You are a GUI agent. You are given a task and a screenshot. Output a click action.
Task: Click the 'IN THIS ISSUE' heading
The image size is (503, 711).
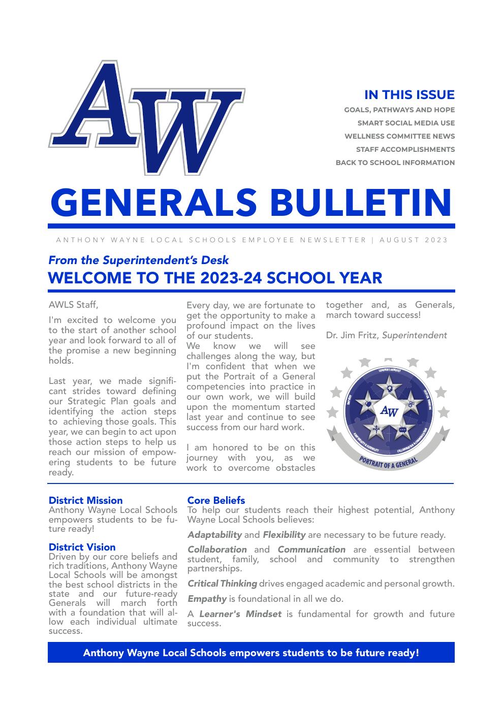pyautogui.click(x=409, y=95)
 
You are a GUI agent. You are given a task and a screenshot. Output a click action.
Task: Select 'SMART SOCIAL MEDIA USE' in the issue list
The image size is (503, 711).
pyautogui.click(x=406, y=123)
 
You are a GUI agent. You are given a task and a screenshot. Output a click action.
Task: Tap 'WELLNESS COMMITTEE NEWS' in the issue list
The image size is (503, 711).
pyautogui.click(x=399, y=136)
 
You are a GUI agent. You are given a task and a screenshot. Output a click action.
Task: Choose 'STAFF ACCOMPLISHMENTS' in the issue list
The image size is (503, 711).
pyautogui.click(x=405, y=149)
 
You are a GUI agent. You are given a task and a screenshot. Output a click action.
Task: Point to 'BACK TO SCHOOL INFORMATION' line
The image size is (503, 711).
pyautogui.click(x=395, y=163)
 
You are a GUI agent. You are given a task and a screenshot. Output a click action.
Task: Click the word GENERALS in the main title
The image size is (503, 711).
pyautogui.click(x=153, y=202)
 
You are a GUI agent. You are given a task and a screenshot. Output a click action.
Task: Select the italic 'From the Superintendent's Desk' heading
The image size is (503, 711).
pyautogui.click(x=138, y=260)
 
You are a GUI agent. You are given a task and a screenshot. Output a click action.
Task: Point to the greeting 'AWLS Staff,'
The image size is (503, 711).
pyautogui.click(x=73, y=305)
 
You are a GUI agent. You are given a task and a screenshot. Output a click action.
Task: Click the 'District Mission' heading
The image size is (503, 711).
pyautogui.click(x=85, y=500)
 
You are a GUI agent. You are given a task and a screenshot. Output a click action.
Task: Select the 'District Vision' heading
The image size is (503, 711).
pyautogui.click(x=82, y=547)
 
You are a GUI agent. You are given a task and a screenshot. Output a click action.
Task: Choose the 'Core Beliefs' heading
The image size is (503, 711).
pyautogui.click(x=216, y=500)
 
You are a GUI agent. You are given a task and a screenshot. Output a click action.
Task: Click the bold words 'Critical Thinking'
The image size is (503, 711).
pyautogui.click(x=222, y=584)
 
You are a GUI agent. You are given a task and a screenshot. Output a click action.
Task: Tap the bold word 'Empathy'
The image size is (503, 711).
pyautogui.click(x=207, y=599)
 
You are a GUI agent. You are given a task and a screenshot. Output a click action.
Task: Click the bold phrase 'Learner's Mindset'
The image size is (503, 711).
pyautogui.click(x=240, y=614)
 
